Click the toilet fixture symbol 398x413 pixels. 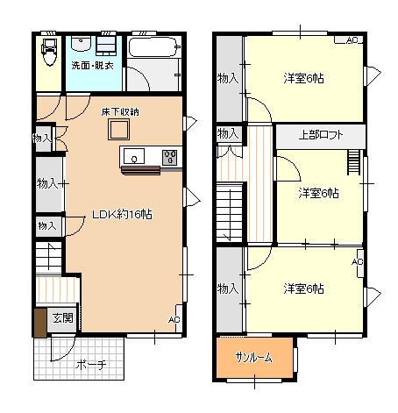(49, 52)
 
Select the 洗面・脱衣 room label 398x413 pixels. (93, 65)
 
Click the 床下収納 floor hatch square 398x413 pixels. (118, 129)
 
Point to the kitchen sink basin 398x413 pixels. (134, 156)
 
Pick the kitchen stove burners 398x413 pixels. (170, 157)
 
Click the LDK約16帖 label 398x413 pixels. (122, 215)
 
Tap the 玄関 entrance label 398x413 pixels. (62, 318)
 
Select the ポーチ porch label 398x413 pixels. (91, 365)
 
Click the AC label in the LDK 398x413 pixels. (174, 319)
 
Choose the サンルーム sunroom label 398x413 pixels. (253, 357)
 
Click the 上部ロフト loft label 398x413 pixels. (321, 135)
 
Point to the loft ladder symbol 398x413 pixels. (353, 162)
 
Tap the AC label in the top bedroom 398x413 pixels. (352, 40)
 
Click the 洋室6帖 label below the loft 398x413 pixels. (319, 193)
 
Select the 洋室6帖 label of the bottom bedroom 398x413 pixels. (303, 288)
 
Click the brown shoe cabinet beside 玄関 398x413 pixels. (40, 323)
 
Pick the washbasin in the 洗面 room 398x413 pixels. (82, 44)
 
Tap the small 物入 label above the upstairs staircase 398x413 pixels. (228, 133)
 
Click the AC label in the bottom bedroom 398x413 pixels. (358, 261)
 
